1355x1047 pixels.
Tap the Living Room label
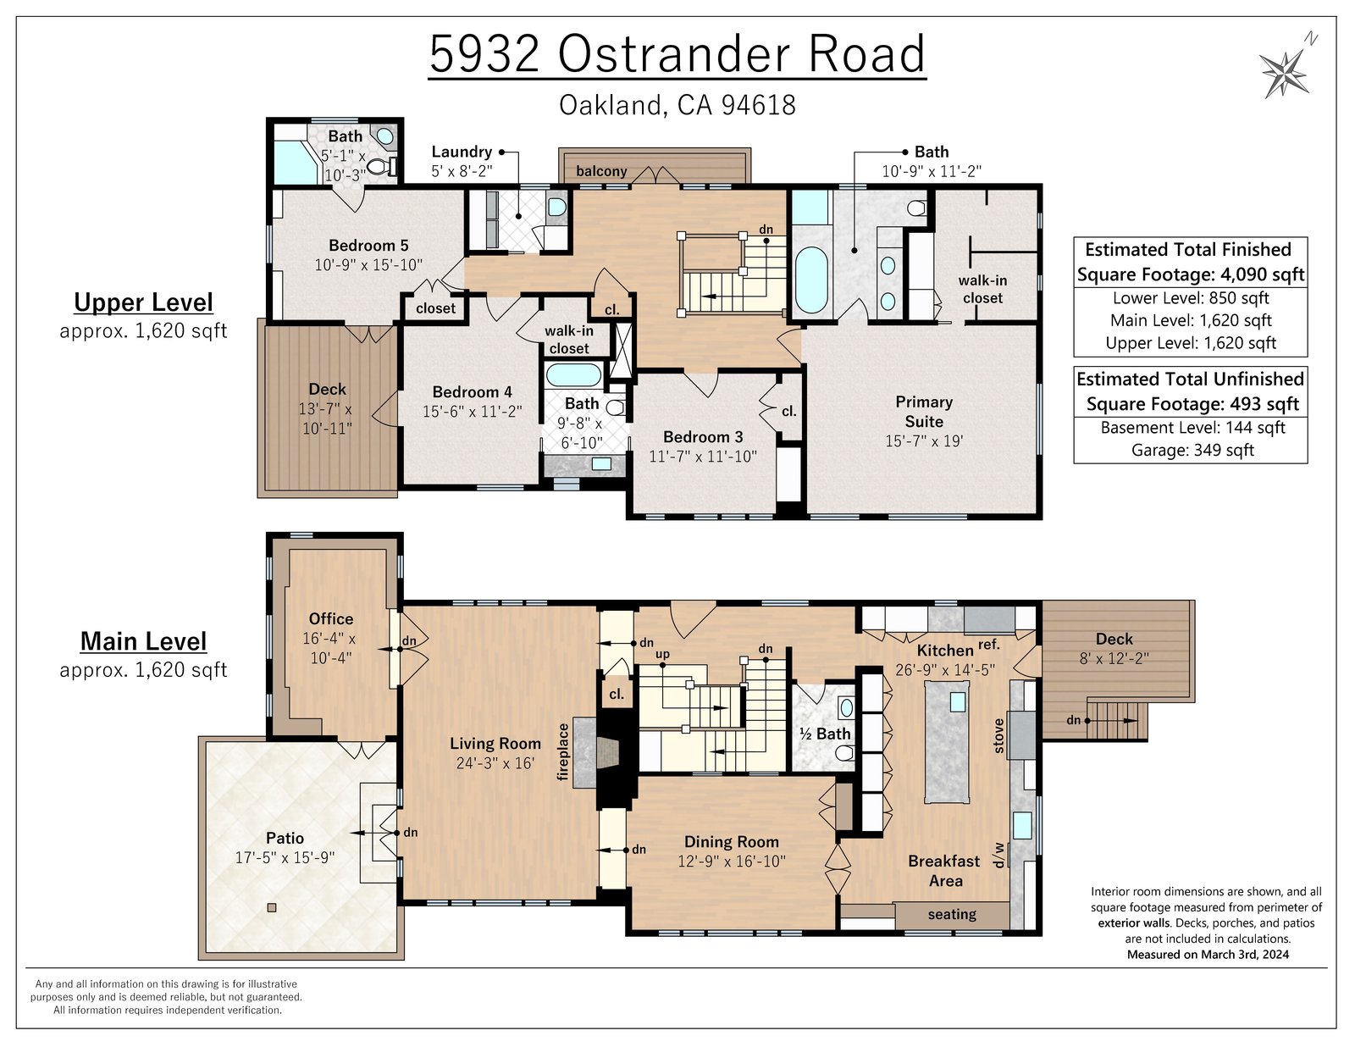[495, 744]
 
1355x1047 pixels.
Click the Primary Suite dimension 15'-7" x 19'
[923, 441]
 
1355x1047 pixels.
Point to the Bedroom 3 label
[703, 437]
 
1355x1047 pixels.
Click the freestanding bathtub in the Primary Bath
[811, 280]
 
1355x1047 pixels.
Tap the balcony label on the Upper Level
[601, 171]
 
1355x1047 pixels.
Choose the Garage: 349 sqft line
[1192, 451]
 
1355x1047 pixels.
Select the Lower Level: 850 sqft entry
[1190, 298]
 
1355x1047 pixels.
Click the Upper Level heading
[143, 302]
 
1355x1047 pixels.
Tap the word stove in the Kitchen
[998, 736]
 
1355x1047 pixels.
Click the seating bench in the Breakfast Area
[951, 915]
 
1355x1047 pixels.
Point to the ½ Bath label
[825, 734]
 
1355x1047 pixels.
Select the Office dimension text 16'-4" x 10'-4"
[329, 648]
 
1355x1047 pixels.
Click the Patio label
[285, 838]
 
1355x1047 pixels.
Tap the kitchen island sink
[957, 701]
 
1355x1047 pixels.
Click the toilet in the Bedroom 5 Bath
[380, 166]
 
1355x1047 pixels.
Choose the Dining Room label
[731, 842]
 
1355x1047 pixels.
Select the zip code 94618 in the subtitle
[758, 105]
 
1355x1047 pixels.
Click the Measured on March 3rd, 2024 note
[1208, 955]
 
